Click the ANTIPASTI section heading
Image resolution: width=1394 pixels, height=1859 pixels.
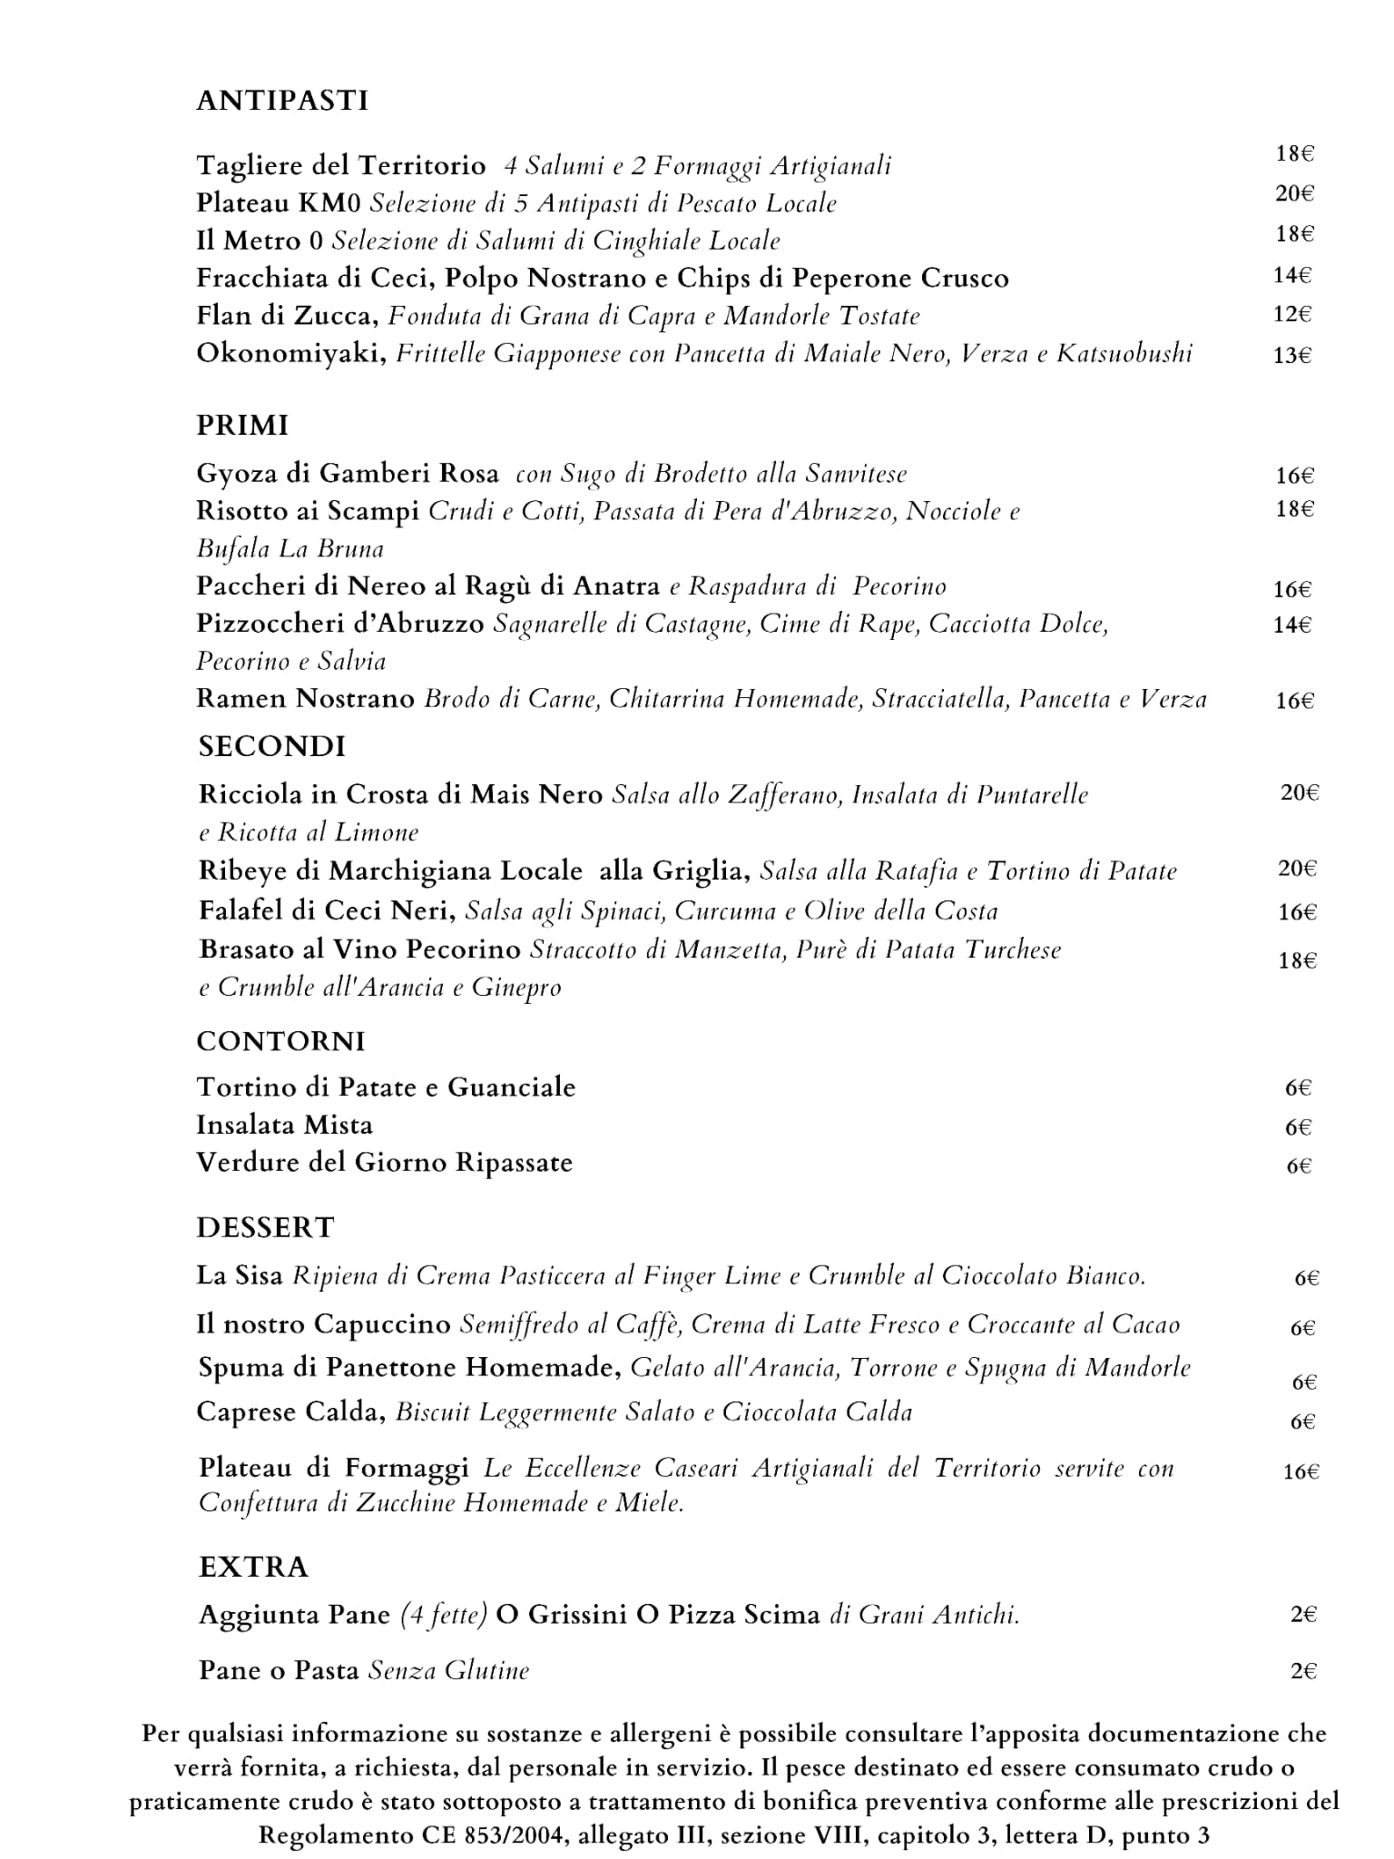282,101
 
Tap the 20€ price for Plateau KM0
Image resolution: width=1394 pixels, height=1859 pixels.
1295,193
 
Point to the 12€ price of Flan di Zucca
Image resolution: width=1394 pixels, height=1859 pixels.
1292,315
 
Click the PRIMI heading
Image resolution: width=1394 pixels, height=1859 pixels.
242,426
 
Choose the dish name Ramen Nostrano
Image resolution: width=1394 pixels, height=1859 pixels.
305,699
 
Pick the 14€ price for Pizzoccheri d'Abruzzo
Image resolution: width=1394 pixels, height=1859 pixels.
1291,625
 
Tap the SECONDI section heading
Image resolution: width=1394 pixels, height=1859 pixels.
272,747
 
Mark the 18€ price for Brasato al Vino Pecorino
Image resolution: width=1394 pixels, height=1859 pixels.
1297,960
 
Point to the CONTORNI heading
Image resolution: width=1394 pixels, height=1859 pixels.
280,1041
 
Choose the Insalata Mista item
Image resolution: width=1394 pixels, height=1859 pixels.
284,1126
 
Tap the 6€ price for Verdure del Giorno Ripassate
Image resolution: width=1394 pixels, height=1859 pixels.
1299,1166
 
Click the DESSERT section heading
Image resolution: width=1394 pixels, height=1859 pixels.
265,1228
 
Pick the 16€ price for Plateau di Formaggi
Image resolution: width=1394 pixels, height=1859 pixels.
1301,1472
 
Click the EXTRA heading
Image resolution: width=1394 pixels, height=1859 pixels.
253,1568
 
